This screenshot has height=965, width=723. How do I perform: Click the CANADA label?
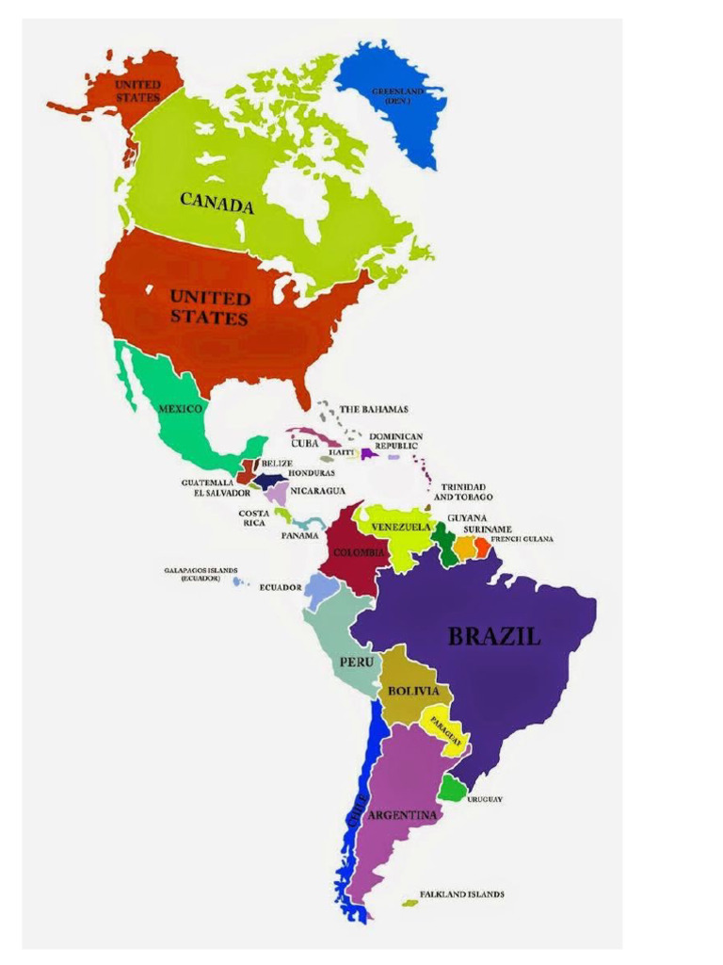pos(217,202)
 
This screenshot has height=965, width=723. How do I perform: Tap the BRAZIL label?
pos(494,637)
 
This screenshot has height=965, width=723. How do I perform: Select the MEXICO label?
pos(181,409)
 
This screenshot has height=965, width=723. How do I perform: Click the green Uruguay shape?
pos(452,790)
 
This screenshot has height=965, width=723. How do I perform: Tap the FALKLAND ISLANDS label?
pos(461,894)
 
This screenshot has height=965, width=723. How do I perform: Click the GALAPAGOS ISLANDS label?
pos(201,574)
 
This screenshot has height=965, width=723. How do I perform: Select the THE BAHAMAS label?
pos(374,409)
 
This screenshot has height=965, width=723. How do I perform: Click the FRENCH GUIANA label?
pos(522,539)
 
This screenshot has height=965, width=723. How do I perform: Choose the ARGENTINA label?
pos(402,814)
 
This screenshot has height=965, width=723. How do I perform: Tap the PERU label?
pos(357,662)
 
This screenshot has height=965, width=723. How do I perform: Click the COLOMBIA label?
pos(359,552)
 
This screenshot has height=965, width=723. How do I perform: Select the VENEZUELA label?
pos(401,527)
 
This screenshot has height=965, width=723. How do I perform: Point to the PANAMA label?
pos(299,535)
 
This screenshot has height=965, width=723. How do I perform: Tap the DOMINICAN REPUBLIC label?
pos(396,441)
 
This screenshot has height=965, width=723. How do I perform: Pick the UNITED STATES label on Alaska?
pos(137,90)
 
